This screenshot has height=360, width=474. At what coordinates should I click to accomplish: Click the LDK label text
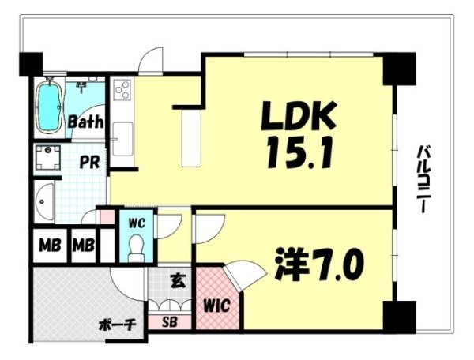point(299,117)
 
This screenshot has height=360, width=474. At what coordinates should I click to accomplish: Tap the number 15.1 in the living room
point(299,152)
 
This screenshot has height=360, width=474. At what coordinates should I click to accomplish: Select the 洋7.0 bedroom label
point(320,264)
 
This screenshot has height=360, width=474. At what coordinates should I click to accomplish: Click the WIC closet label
point(216,306)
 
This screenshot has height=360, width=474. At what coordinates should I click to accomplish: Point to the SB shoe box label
point(170,323)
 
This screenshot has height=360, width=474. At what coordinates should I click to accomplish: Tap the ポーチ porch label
point(118,325)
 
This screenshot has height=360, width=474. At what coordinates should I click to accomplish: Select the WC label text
point(137,223)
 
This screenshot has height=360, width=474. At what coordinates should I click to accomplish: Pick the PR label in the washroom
point(89,162)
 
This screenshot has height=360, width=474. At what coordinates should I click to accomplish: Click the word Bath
point(85,122)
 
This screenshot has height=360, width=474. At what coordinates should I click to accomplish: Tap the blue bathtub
point(49,105)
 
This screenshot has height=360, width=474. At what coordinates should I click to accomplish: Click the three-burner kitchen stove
point(122,90)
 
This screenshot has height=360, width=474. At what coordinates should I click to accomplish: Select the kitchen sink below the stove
point(122,139)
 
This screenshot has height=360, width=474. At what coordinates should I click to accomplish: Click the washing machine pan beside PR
point(47,157)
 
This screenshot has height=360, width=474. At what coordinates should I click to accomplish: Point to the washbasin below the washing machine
point(44,201)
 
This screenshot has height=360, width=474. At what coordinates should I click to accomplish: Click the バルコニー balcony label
point(424,179)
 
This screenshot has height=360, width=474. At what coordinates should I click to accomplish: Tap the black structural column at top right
point(399,69)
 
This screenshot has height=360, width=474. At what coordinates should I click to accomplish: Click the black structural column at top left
point(31,64)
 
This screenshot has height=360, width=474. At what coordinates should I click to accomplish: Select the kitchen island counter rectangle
point(192,137)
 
